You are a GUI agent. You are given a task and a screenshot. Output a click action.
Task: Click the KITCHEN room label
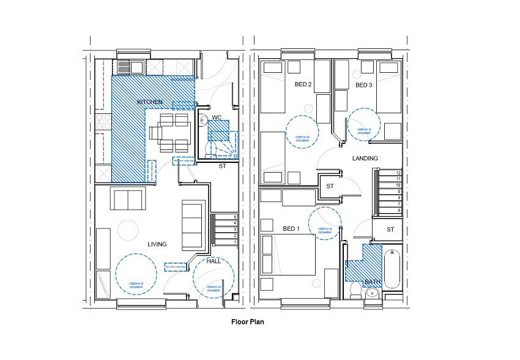[x=149, y=101]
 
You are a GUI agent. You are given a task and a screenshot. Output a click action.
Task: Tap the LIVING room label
[x=157, y=244]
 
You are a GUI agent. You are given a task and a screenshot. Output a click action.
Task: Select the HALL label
[x=214, y=261]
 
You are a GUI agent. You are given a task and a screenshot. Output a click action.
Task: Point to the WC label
[x=217, y=116]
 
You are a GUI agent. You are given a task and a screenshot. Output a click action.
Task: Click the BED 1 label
[x=291, y=228]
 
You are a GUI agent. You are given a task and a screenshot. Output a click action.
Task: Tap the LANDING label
[x=365, y=158]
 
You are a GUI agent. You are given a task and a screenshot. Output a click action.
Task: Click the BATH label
[x=372, y=282]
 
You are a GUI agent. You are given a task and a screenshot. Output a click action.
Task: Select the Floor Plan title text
[x=247, y=321]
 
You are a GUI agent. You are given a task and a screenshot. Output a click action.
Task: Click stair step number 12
[x=398, y=173]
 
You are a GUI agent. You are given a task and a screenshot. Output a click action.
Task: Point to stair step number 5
[x=235, y=217]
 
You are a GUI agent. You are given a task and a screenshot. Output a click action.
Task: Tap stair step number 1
[x=235, y=242]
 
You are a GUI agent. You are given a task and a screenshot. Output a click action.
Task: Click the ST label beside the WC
[x=222, y=165]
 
